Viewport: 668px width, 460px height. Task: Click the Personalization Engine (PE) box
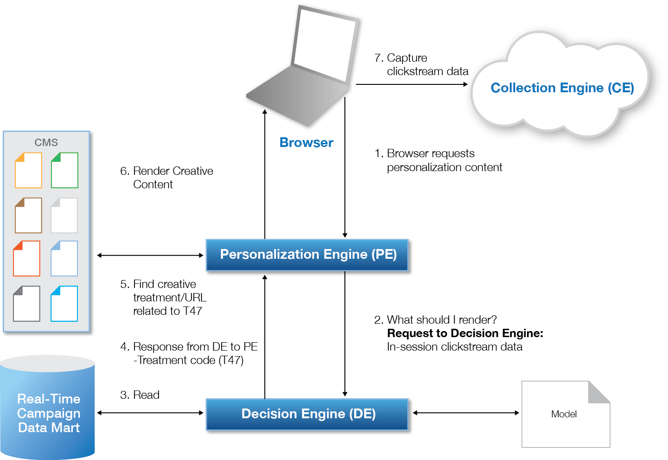click(x=308, y=255)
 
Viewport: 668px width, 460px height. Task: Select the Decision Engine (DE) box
click(x=308, y=414)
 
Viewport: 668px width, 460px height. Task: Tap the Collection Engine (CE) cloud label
click(x=562, y=88)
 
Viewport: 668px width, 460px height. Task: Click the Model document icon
click(x=565, y=414)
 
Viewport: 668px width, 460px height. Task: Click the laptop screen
click(x=324, y=44)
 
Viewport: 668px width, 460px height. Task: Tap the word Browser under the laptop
click(x=306, y=143)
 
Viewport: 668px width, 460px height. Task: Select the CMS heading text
click(x=46, y=142)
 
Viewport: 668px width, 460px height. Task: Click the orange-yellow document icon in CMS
click(x=28, y=170)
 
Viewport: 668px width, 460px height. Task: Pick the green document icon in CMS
click(x=64, y=170)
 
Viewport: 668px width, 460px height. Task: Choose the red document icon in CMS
click(x=27, y=258)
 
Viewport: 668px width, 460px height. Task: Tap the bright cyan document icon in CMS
click(x=64, y=304)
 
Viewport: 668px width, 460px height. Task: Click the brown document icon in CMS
click(x=28, y=215)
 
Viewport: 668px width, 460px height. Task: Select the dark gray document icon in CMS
click(x=27, y=304)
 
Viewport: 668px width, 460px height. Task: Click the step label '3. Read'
click(x=140, y=395)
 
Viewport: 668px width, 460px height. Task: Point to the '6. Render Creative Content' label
click(x=166, y=178)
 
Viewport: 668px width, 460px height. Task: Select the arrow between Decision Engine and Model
click(x=466, y=413)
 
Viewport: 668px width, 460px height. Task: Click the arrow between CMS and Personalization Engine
click(x=150, y=255)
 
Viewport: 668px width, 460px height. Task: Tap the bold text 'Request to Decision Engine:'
click(x=465, y=333)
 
